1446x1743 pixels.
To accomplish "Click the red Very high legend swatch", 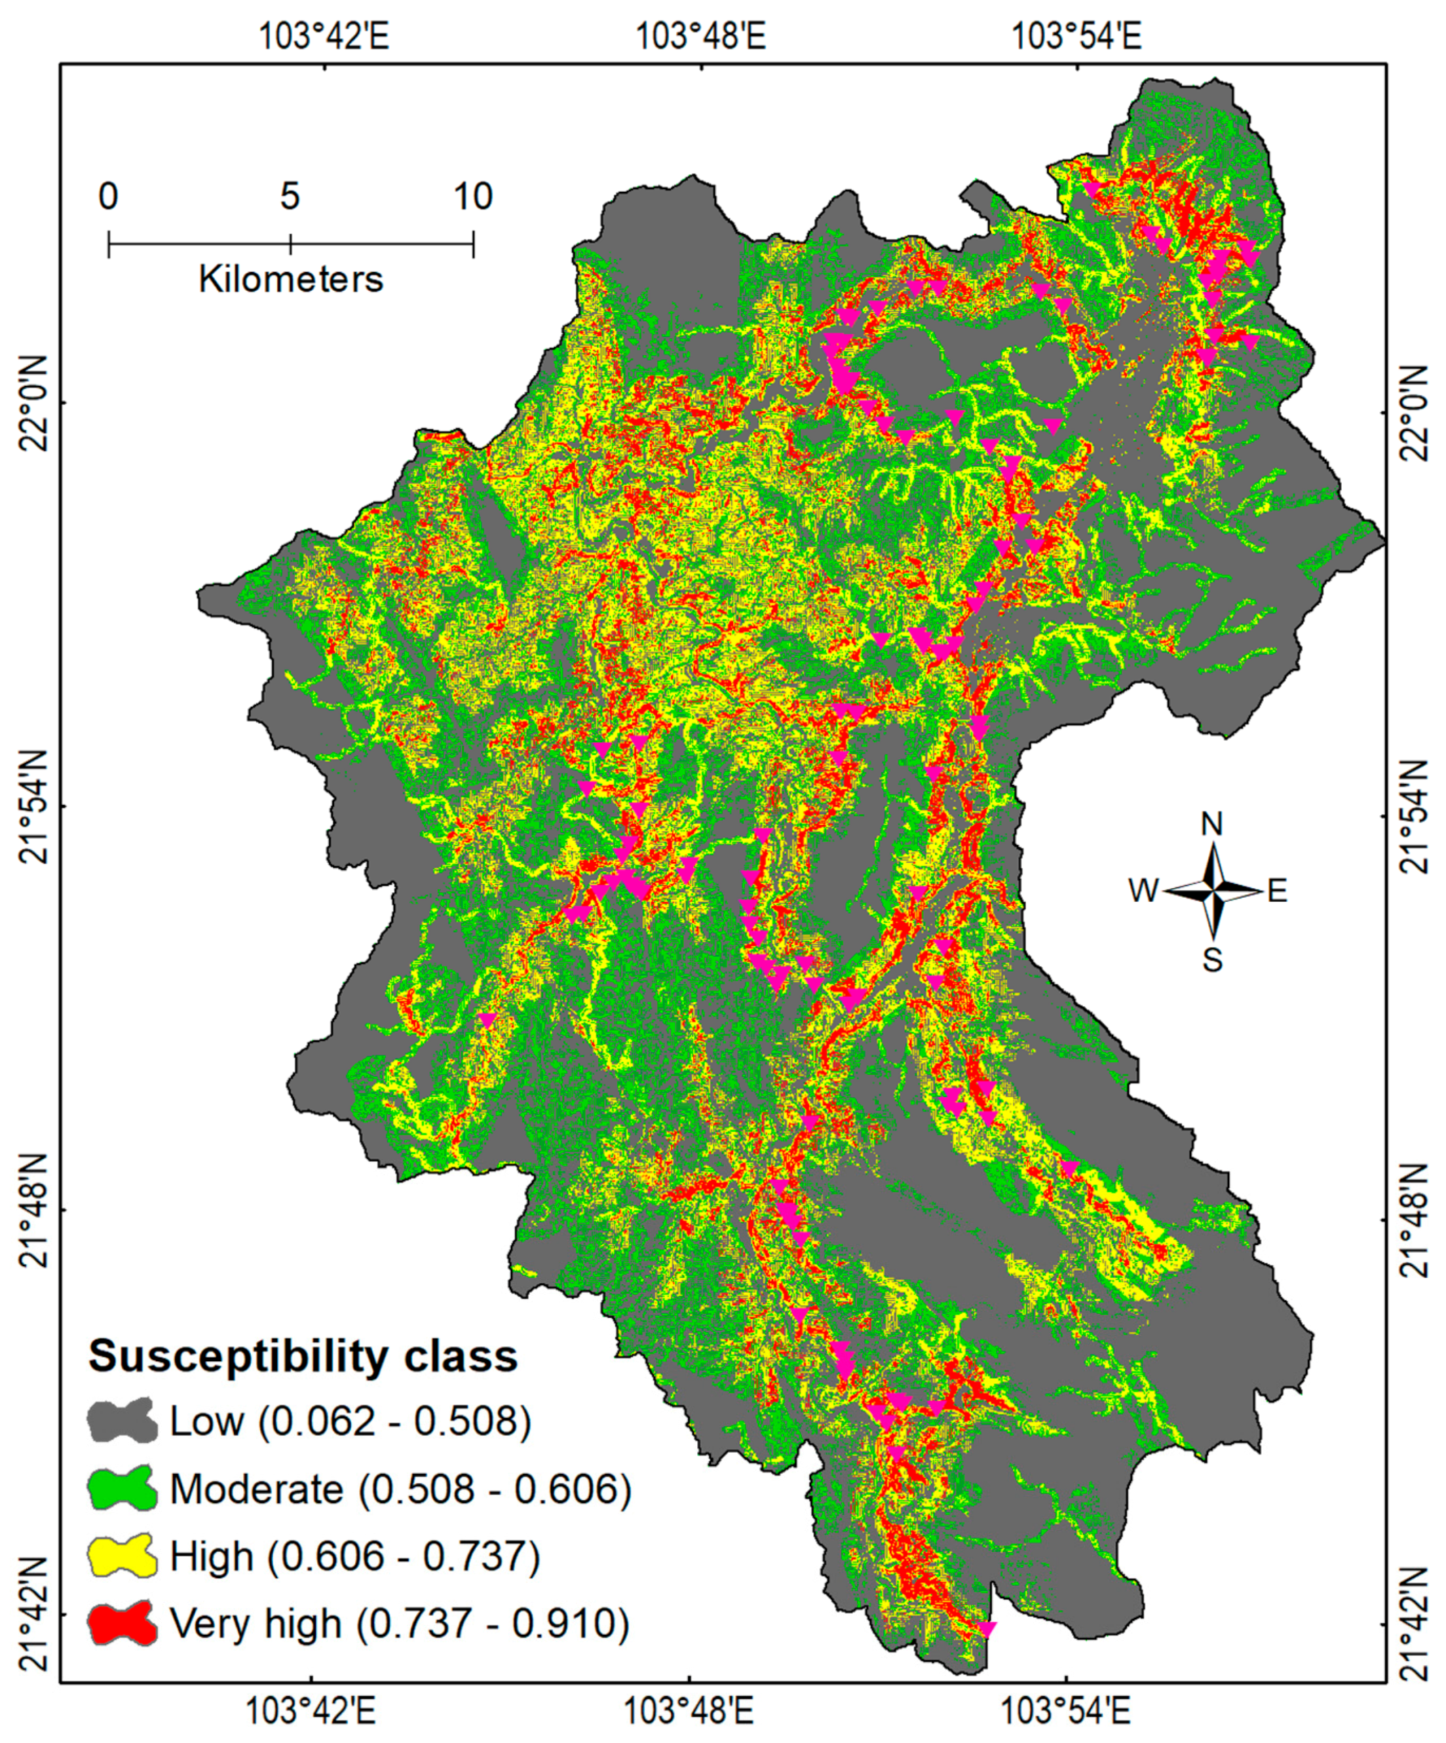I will [x=122, y=1624].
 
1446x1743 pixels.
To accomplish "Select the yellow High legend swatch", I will [x=122, y=1556].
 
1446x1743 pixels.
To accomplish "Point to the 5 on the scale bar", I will [x=290, y=197].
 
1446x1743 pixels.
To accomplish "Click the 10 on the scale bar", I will [x=473, y=197].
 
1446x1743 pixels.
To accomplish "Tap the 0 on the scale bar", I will [x=108, y=197].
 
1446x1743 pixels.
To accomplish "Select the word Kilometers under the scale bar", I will [x=290, y=280].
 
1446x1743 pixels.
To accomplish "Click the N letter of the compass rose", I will [x=1212, y=824].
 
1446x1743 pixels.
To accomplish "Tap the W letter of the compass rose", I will [x=1143, y=891].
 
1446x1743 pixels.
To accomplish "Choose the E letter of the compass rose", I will [x=1277, y=891].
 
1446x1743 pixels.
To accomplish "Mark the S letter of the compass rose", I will [x=1212, y=960].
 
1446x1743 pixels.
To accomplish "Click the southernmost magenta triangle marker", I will [x=985, y=1628].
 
